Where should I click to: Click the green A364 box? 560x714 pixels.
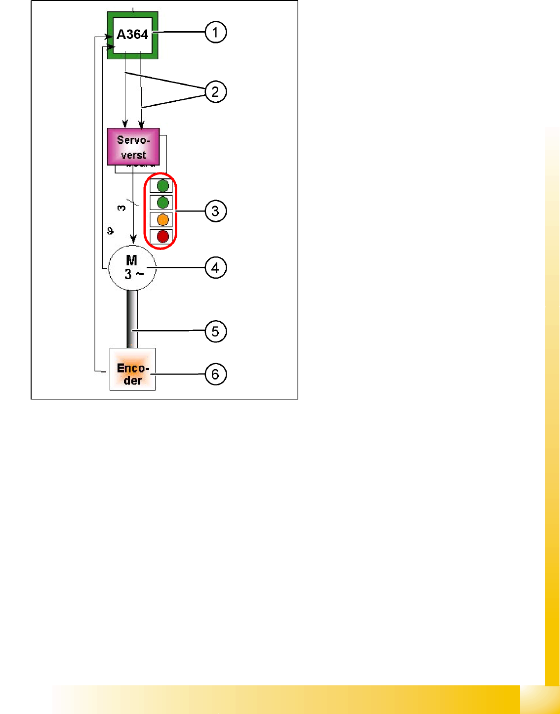pyautogui.click(x=133, y=36)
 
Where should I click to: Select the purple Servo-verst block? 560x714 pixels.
pyautogui.click(x=133, y=147)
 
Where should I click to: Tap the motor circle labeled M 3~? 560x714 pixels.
pyautogui.click(x=132, y=268)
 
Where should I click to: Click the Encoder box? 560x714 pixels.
pyautogui.click(x=132, y=370)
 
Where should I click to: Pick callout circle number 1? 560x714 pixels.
pyautogui.click(x=215, y=33)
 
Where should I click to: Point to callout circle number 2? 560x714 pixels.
pyautogui.click(x=215, y=92)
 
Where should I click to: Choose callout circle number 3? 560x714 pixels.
pyautogui.click(x=215, y=211)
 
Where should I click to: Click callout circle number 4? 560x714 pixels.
pyautogui.click(x=215, y=268)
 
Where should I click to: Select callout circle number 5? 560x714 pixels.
pyautogui.click(x=215, y=331)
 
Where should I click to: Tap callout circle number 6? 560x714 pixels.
pyautogui.click(x=215, y=374)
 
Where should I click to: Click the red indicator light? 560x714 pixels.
pyautogui.click(x=162, y=237)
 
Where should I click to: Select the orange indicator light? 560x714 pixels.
pyautogui.click(x=162, y=220)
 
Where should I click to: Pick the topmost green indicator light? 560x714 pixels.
pyautogui.click(x=162, y=186)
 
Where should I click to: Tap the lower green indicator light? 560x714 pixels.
pyautogui.click(x=162, y=203)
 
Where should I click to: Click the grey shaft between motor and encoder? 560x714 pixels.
pyautogui.click(x=132, y=319)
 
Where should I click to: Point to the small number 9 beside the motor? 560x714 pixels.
pyautogui.click(x=110, y=231)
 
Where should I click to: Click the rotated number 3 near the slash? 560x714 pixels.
pyautogui.click(x=121, y=208)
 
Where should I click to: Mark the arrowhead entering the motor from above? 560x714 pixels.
pyautogui.click(x=133, y=239)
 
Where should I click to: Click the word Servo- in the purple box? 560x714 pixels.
pyautogui.click(x=133, y=140)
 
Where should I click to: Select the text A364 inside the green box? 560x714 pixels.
pyautogui.click(x=132, y=35)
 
